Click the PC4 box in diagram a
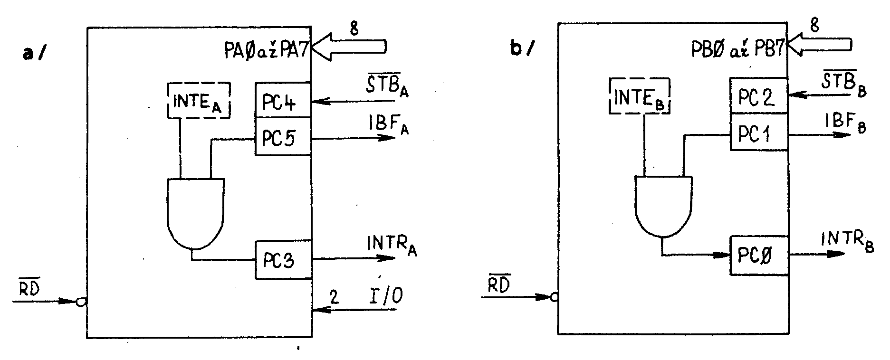[283, 100]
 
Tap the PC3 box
[284, 259]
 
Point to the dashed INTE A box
[199, 100]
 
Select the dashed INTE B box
[639, 96]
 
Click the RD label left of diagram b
[499, 284]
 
